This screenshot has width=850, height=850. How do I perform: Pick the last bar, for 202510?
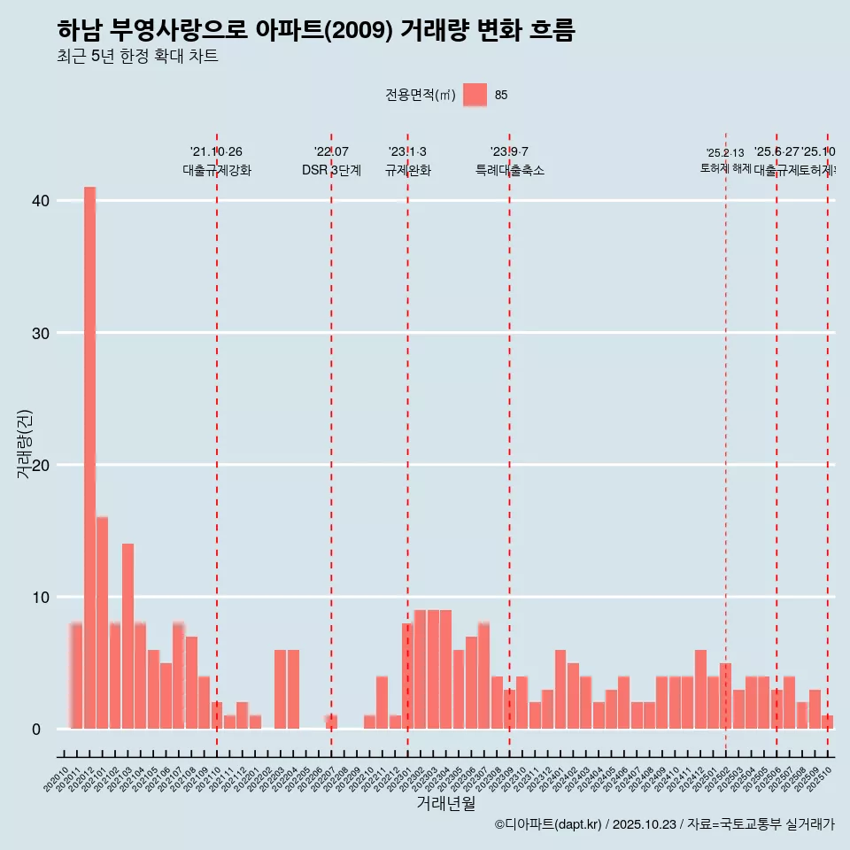(x=827, y=722)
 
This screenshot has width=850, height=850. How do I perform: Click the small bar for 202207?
(x=331, y=722)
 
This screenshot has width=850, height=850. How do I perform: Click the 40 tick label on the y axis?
(x=40, y=201)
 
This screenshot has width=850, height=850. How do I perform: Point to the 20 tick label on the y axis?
(x=40, y=465)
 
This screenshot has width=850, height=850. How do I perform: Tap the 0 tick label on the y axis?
(x=36, y=730)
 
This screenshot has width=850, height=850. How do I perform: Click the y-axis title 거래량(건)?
(x=25, y=444)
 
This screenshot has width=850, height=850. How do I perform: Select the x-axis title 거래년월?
(x=445, y=804)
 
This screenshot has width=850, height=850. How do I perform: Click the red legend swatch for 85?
(x=475, y=95)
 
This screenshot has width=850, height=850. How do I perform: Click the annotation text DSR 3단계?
(x=331, y=170)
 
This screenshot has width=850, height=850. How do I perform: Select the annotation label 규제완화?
(x=407, y=170)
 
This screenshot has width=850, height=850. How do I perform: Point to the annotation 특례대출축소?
(x=509, y=170)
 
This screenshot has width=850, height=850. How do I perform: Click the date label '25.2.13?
(x=725, y=153)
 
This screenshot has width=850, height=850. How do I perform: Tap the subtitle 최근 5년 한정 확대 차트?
(x=137, y=57)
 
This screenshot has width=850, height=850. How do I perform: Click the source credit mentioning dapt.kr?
(x=664, y=824)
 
